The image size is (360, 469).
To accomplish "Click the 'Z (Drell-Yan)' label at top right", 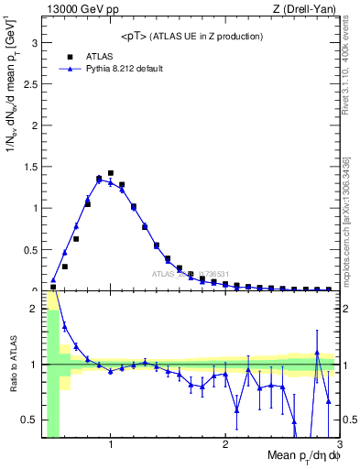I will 308,9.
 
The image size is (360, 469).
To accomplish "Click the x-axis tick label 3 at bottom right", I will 339,445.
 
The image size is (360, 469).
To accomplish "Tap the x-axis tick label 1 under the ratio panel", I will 110,445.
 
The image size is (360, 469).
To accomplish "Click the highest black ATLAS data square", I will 111,173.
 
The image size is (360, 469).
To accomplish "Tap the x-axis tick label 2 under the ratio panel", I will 224,445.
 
